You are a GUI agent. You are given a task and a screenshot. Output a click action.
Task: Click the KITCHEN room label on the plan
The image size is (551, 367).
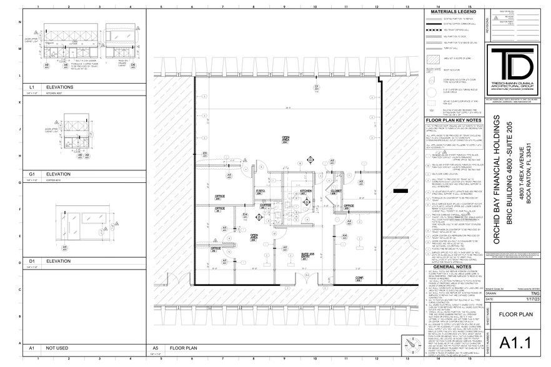tap(305, 192)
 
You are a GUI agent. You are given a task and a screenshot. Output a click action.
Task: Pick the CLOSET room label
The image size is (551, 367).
tap(335, 192)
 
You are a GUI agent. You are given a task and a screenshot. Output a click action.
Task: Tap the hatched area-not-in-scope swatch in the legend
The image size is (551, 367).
tap(433, 58)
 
